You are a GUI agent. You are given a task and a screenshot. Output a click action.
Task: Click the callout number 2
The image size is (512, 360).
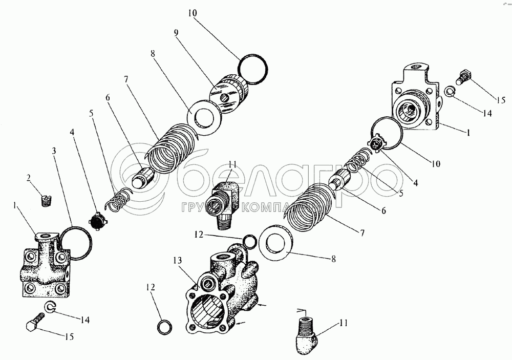pos(29,178)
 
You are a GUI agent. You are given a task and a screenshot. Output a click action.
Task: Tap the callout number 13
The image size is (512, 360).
pos(178,260)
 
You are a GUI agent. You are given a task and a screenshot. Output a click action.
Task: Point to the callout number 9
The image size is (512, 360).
pos(176,32)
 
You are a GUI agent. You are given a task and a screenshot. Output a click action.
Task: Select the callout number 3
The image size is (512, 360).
pos(54,151)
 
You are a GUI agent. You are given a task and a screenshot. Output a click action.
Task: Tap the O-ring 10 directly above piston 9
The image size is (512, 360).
pos(253,69)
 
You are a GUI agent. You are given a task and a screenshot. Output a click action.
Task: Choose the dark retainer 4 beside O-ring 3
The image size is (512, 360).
pos(98,222)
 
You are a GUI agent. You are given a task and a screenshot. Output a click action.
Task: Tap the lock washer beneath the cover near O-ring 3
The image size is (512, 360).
pos(50,307)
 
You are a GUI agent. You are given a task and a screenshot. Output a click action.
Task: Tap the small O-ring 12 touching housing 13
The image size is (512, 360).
pos(250,241)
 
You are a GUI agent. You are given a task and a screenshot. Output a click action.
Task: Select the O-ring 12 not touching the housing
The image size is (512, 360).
pos(164,327)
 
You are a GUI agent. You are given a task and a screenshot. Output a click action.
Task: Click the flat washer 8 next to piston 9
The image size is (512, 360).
pos(204,118)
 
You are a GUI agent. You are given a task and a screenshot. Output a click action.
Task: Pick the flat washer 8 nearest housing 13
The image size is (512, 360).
pos(275,242)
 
